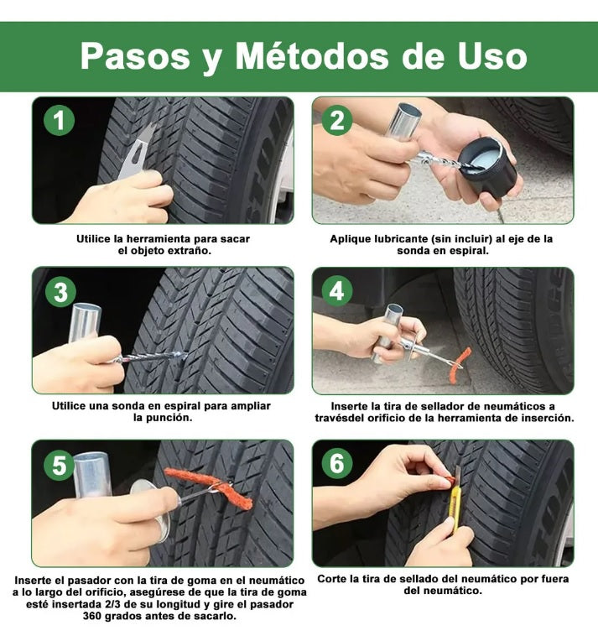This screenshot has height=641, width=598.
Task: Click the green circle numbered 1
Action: point(58,122)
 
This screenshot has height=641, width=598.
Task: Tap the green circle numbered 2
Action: point(337,122)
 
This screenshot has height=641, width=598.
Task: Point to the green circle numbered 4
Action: point(337,292)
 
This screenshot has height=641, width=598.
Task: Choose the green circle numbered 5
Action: point(58,465)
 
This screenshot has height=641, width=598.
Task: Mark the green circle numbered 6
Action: point(337,464)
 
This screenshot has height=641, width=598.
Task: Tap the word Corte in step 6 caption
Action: point(335,579)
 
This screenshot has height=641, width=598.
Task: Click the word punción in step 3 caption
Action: point(170,418)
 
